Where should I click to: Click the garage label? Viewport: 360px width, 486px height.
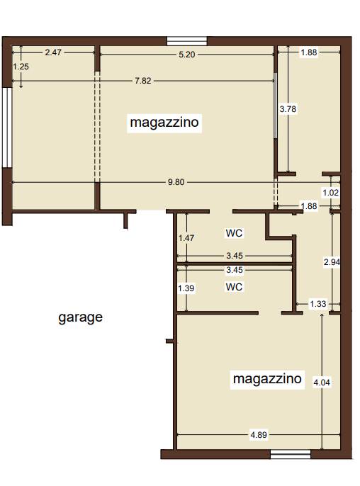click(x=80, y=317)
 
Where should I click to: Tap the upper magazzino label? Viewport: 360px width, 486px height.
click(x=164, y=122)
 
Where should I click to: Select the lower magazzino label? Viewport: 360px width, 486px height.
click(x=267, y=378)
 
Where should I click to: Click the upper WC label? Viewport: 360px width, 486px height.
click(x=234, y=233)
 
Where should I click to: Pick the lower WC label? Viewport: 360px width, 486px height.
click(x=234, y=287)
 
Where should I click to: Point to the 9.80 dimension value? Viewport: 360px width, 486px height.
click(x=176, y=182)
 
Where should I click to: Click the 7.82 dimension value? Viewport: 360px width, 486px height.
click(x=143, y=81)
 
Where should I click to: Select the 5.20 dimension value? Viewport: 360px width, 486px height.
click(x=187, y=55)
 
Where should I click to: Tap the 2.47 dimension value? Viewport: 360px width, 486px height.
click(x=53, y=52)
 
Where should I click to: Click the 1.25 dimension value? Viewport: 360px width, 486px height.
click(x=21, y=67)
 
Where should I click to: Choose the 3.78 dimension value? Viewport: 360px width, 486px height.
click(x=288, y=109)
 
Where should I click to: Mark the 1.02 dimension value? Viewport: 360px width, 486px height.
click(x=331, y=193)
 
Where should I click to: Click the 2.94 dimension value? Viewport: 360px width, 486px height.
click(x=332, y=262)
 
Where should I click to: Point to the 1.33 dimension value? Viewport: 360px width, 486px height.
click(x=318, y=304)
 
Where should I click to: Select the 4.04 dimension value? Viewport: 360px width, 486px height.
click(x=322, y=383)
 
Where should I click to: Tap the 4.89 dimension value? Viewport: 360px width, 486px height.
click(x=259, y=435)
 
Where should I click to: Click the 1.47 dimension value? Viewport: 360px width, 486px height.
click(x=186, y=238)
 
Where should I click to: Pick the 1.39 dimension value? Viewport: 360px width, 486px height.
click(x=186, y=288)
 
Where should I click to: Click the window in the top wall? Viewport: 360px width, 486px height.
click(x=187, y=41)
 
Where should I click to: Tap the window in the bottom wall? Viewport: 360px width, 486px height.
click(x=291, y=454)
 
